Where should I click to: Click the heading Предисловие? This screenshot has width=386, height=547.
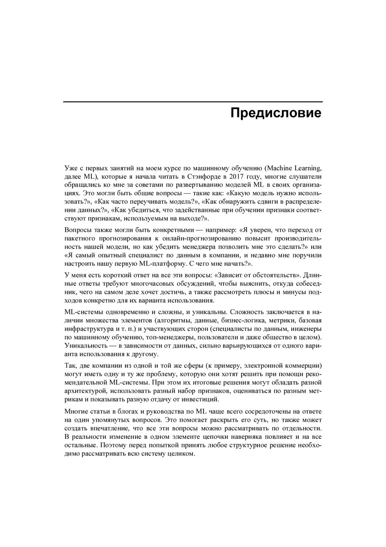(x=276, y=113)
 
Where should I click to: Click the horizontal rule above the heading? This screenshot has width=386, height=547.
(x=193, y=102)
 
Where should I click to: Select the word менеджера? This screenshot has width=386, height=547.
(x=230, y=247)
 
